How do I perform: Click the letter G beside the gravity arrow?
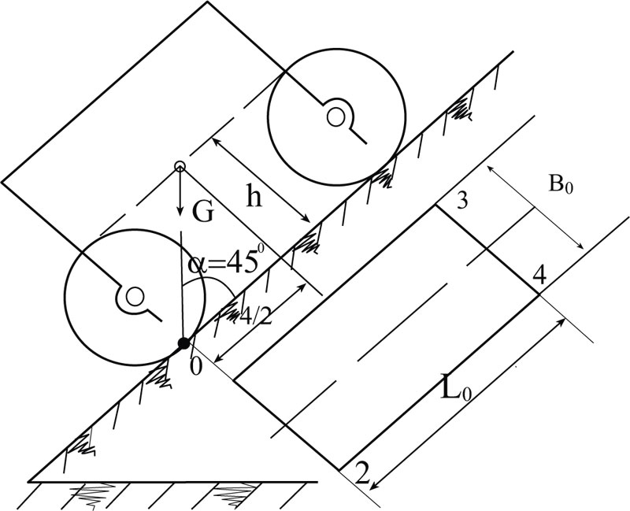click(x=202, y=213)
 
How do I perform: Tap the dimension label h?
click(x=253, y=197)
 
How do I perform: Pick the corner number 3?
click(x=462, y=201)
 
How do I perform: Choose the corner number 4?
click(x=539, y=276)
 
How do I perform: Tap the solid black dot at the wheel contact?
click(x=183, y=343)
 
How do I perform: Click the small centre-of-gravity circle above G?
click(x=180, y=166)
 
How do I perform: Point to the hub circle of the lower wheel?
click(x=135, y=296)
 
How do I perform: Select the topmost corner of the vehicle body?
click(x=207, y=2)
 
